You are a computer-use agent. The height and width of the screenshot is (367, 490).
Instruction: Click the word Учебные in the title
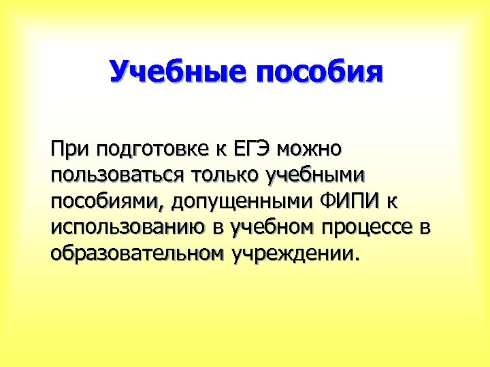click(x=178, y=72)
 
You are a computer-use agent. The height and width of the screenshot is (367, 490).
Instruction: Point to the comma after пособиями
click(x=164, y=207)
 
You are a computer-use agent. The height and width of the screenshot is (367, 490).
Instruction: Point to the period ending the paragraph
click(x=355, y=260)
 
